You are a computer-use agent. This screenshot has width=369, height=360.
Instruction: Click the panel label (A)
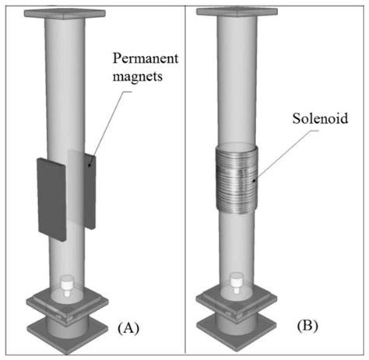[128, 329]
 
